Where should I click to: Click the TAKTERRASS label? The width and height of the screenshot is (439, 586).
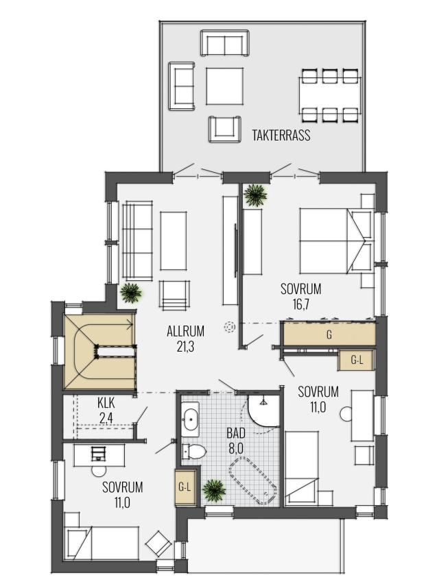tap(281, 135)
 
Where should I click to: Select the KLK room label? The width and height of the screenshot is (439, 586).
tap(106, 403)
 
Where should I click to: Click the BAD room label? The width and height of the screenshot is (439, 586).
tap(236, 433)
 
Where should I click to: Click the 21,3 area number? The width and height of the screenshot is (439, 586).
tap(185, 347)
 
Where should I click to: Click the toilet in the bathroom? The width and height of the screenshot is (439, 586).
tap(193, 452)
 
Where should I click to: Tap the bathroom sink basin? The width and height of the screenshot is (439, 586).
tap(190, 419)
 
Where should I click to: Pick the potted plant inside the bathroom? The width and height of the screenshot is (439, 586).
tap(214, 490)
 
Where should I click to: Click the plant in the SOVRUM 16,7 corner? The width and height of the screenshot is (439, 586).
tap(255, 195)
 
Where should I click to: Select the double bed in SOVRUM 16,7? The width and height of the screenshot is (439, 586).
tap(337, 241)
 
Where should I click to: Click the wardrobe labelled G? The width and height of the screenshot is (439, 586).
tap(329, 334)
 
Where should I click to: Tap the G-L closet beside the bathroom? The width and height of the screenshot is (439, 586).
tap(185, 487)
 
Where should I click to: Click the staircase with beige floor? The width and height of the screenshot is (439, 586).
tap(99, 352)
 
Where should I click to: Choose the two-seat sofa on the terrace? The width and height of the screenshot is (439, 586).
tap(225, 42)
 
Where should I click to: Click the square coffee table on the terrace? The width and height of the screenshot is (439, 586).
tap(224, 86)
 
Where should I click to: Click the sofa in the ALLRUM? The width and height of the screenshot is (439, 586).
tap(137, 241)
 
